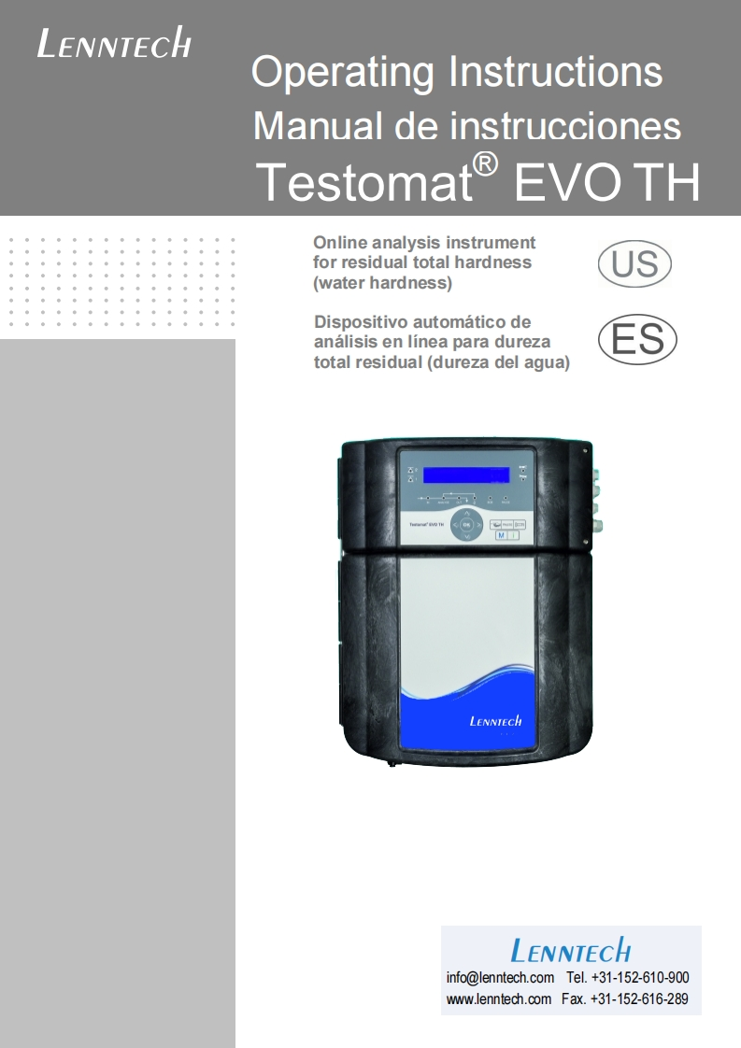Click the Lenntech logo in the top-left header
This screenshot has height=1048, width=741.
(114, 44)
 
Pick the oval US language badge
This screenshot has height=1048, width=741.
(634, 263)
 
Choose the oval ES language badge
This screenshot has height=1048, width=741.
(637, 340)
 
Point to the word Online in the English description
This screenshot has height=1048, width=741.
(340, 243)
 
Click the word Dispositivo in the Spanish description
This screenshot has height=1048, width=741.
(360, 322)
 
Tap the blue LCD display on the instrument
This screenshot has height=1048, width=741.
(465, 474)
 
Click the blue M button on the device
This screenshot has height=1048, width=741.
(501, 536)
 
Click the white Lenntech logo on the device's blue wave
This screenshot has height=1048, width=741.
(495, 720)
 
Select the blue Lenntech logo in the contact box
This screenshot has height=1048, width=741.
(570, 952)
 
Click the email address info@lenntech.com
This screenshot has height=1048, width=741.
(500, 978)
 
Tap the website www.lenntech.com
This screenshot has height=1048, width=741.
(498, 999)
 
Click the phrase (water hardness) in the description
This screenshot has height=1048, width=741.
(383, 283)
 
